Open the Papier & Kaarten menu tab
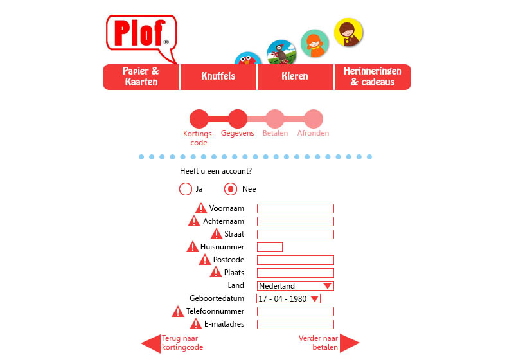(141, 77)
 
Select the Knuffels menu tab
(218, 77)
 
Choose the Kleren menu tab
(295, 77)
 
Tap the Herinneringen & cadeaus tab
(373, 77)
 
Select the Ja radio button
(186, 189)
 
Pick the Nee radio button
(231, 189)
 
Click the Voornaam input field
(296, 208)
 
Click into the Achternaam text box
(296, 221)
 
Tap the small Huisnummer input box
(270, 247)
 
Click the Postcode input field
(296, 260)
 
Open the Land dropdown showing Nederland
(296, 285)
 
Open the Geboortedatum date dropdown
(288, 298)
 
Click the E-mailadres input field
(296, 324)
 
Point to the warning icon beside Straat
(216, 233)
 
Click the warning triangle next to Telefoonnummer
(178, 311)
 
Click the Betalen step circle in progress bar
(274, 119)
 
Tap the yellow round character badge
(349, 32)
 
